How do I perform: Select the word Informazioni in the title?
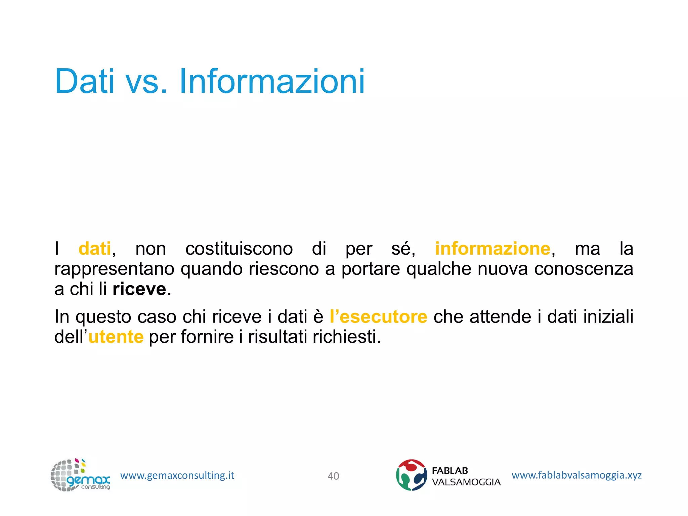(272, 81)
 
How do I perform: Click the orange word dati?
(95, 249)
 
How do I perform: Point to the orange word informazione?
(492, 249)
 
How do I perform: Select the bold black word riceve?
(139, 289)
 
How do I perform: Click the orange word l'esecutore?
(378, 317)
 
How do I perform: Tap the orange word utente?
(116, 337)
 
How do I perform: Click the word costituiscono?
(239, 249)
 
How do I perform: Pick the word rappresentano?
(114, 269)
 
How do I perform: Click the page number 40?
(333, 476)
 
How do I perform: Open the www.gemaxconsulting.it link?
(177, 475)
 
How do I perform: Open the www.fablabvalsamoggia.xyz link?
(576, 475)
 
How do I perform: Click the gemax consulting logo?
(80, 475)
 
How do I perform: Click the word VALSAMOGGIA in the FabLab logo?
(466, 482)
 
